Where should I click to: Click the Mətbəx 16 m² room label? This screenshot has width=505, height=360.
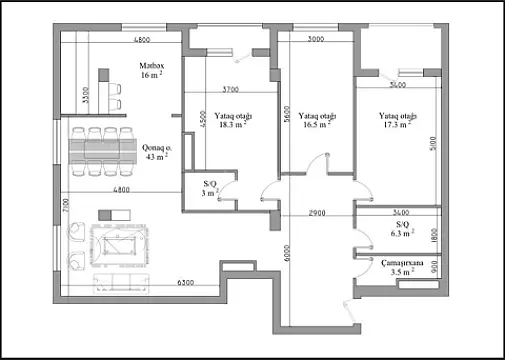(x=151, y=71)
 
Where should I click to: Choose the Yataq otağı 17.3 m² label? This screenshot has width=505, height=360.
(x=396, y=120)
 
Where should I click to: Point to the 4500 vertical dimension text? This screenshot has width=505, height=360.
(x=203, y=120)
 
